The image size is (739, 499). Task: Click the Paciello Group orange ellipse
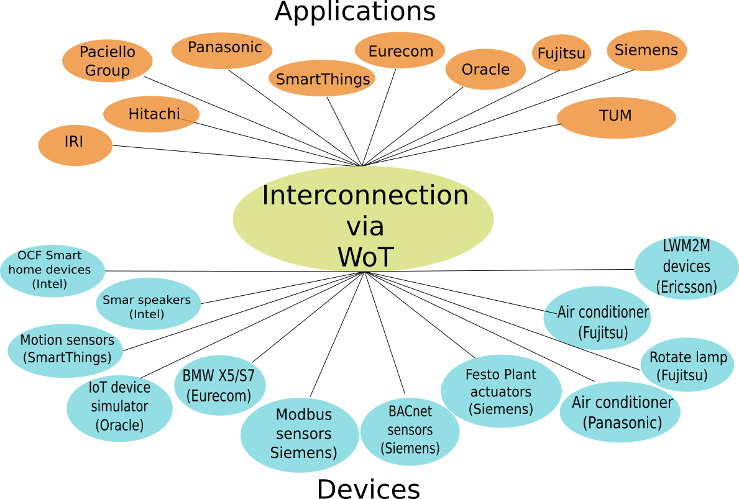(x=108, y=61)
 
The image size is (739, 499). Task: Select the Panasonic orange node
(x=222, y=50)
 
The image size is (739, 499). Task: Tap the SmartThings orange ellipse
(x=322, y=78)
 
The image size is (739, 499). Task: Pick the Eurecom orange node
(x=400, y=50)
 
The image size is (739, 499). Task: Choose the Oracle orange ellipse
(x=485, y=69)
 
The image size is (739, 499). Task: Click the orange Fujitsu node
(x=561, y=53)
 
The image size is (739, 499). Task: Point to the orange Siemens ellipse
(x=646, y=50)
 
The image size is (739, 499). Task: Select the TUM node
(x=616, y=117)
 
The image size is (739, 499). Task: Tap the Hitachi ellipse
(x=152, y=114)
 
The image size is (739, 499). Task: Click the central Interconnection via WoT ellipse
(x=364, y=219)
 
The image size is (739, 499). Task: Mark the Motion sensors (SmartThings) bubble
(x=66, y=350)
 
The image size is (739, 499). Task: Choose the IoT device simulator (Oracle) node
(x=119, y=408)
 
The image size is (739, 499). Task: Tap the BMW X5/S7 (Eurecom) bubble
(x=219, y=385)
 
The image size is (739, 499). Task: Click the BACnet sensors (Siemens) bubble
(x=410, y=431)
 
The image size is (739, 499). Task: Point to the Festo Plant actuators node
(x=501, y=391)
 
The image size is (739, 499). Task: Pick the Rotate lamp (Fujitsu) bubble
(x=687, y=365)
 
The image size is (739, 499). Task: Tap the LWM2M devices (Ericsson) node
(x=686, y=267)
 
